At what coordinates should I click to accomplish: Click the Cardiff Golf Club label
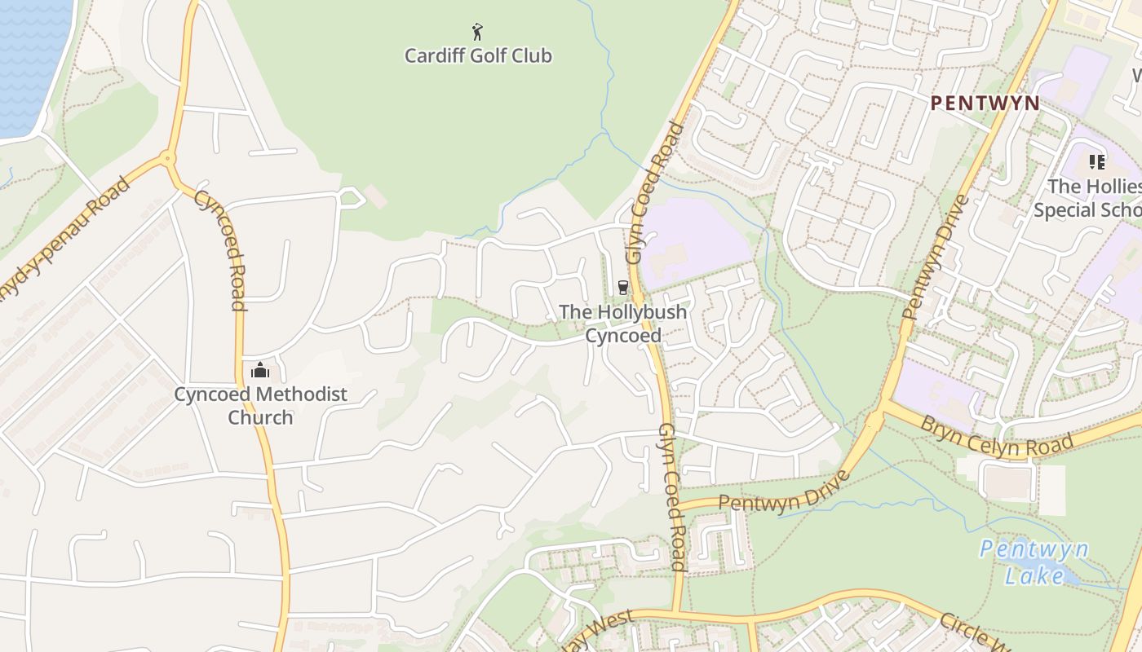pos(478,56)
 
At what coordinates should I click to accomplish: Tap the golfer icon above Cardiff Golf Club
pos(478,32)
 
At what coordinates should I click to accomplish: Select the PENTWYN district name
pos(985,104)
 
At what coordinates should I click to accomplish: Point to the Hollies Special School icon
pos(1097,162)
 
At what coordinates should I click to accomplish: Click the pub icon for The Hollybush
pos(623,287)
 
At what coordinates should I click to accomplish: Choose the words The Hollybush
pos(623,311)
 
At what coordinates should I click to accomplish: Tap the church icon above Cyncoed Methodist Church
pos(260,371)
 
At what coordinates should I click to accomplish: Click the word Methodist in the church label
pos(302,394)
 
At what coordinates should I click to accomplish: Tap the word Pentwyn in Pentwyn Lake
pos(1034,549)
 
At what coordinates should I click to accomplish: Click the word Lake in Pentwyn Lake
pos(1034,575)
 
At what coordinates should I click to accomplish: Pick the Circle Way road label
pos(975,632)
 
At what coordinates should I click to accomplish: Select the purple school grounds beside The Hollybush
pos(693,240)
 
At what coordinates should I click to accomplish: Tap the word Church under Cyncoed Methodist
pos(260,417)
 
